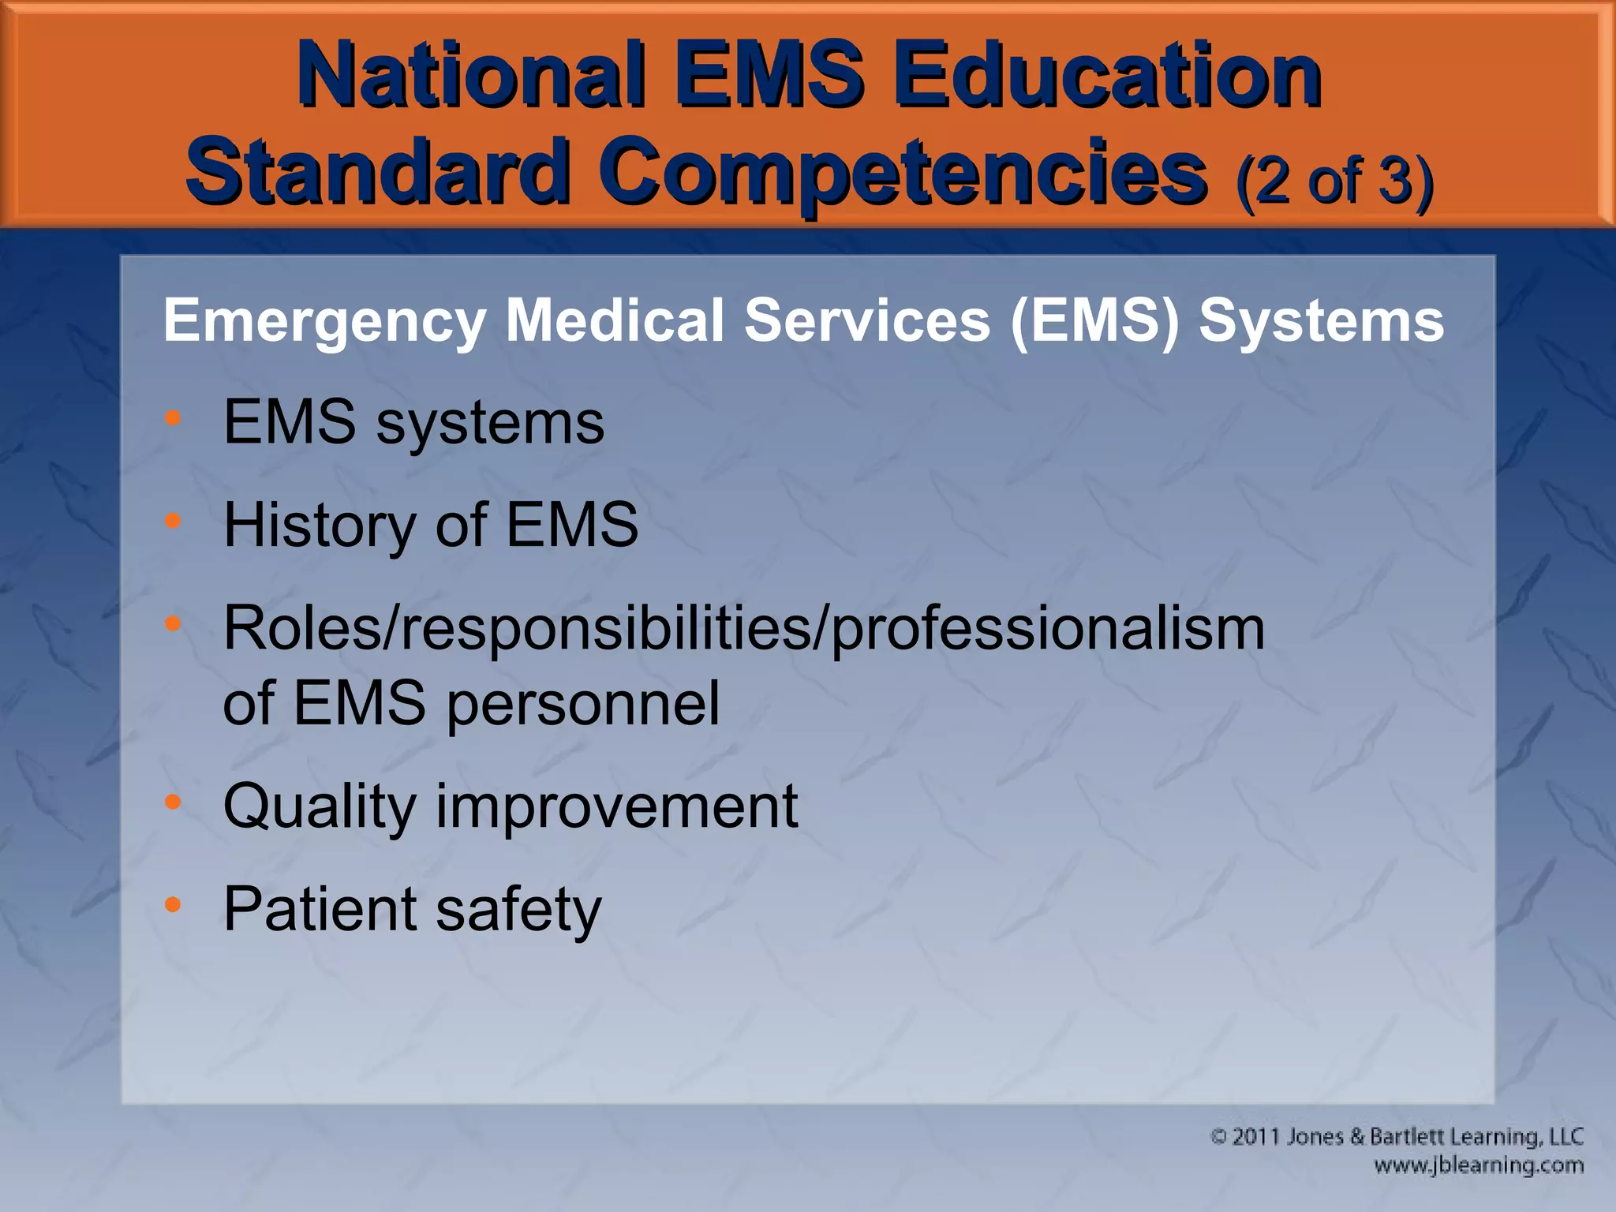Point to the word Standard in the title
click(x=377, y=170)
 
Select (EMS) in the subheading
click(x=1095, y=322)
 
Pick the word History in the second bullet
click(x=318, y=526)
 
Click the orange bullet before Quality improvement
click(x=174, y=802)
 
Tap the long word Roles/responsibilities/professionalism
click(x=743, y=629)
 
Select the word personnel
click(x=583, y=703)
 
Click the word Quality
click(x=319, y=807)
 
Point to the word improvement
click(x=616, y=807)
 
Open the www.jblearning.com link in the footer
click(x=1478, y=1165)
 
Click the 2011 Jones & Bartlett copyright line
click(x=1397, y=1137)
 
